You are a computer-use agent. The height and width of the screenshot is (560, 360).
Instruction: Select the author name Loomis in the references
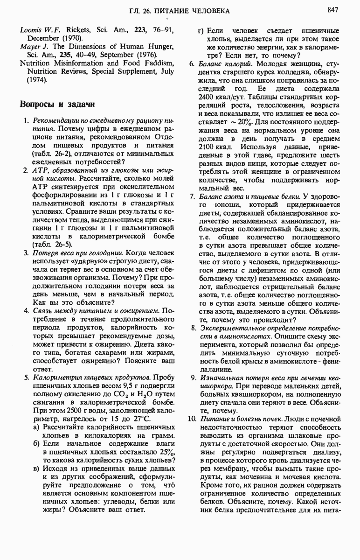(x=30, y=30)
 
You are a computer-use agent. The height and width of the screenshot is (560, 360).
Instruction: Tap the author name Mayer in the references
(x=30, y=47)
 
